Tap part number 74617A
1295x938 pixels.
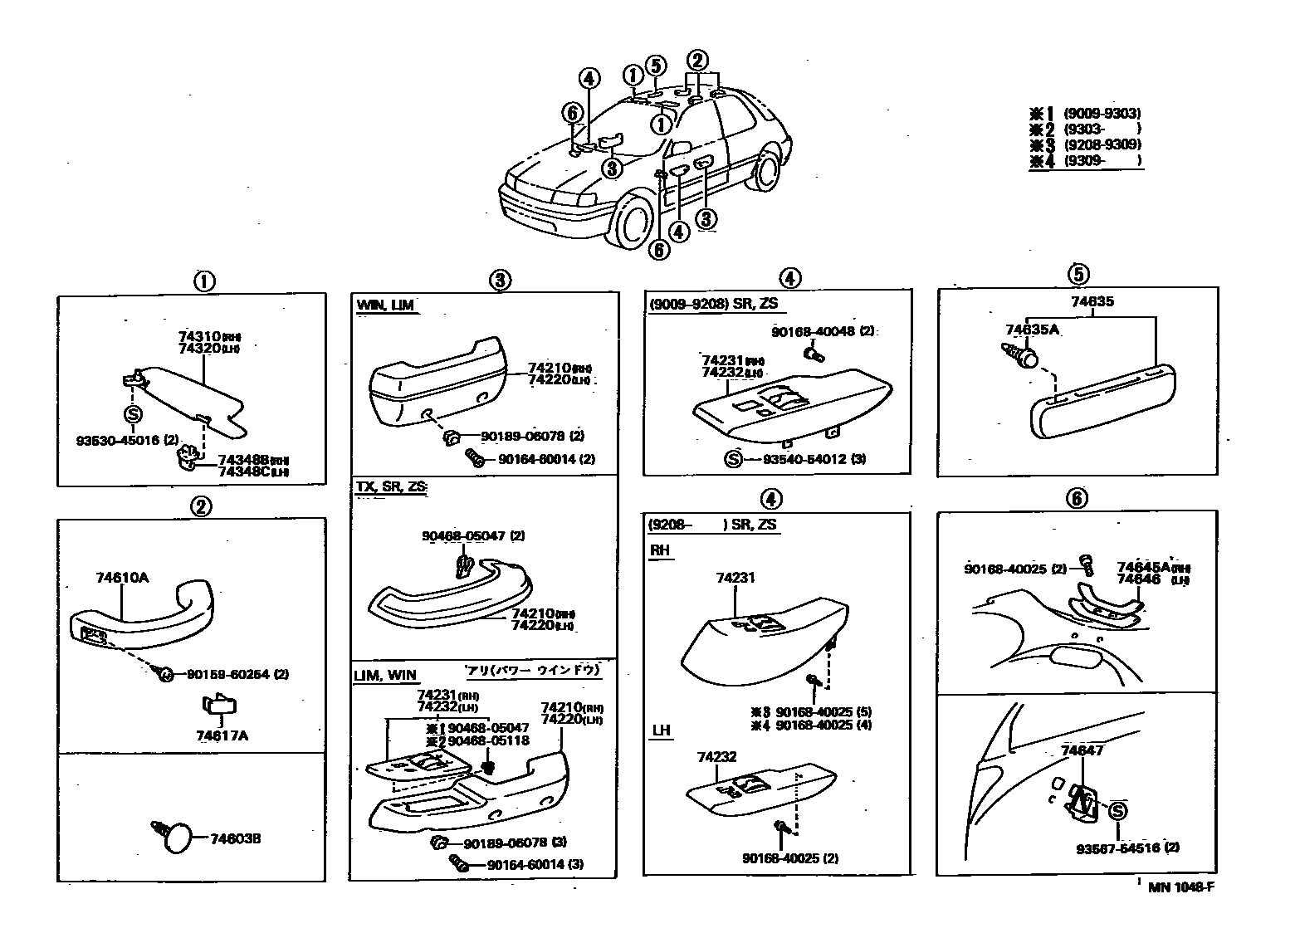click(x=222, y=735)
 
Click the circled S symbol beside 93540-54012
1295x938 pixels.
click(x=733, y=459)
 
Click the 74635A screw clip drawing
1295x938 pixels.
click(x=1021, y=356)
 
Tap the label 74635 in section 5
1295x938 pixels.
click(x=1092, y=301)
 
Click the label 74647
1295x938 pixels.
click(x=1082, y=750)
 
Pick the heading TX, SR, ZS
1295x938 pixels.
click(x=391, y=486)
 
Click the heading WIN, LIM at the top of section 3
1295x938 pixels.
click(x=385, y=305)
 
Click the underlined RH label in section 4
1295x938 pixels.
click(x=660, y=550)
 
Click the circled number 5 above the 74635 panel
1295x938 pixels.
click(x=1078, y=273)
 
